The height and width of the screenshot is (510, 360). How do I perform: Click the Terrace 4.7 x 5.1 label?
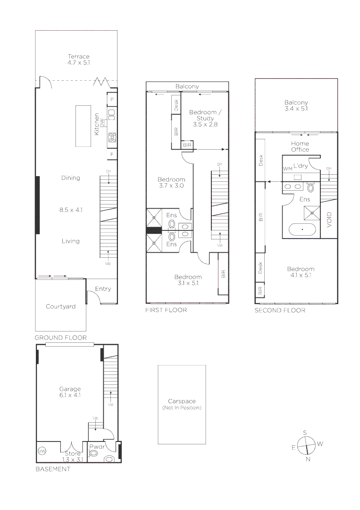coord(78,59)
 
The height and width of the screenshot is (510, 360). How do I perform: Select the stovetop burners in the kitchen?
coord(112,137)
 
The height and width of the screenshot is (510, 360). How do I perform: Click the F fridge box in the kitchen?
coord(112,154)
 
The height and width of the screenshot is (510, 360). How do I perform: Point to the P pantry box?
coord(112,100)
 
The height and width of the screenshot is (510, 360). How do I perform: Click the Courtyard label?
coord(60,306)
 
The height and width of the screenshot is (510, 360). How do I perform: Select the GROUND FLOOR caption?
coord(60,338)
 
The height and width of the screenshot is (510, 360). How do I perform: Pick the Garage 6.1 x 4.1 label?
coord(69,392)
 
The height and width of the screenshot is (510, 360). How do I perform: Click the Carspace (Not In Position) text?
coord(182,404)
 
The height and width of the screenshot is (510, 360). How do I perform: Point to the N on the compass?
coord(308,459)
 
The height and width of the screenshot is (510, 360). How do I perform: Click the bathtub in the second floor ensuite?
coord(301,230)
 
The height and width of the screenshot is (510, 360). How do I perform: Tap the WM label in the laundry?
coord(287,169)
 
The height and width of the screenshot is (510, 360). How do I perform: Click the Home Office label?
coord(300,146)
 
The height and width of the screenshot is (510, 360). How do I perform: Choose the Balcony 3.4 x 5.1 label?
coord(296,105)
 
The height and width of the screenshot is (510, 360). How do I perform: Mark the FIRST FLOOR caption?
coord(166,310)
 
